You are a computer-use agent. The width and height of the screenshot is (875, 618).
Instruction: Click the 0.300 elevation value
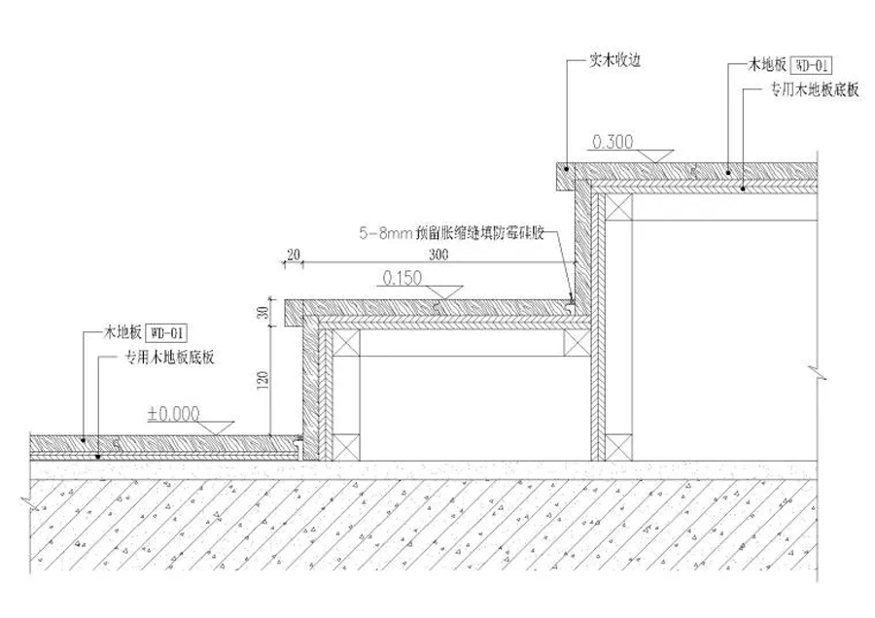click(x=612, y=142)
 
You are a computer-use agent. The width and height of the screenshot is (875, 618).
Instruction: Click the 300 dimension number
click(x=437, y=255)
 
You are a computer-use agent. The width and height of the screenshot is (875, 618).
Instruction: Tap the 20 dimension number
click(x=292, y=255)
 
